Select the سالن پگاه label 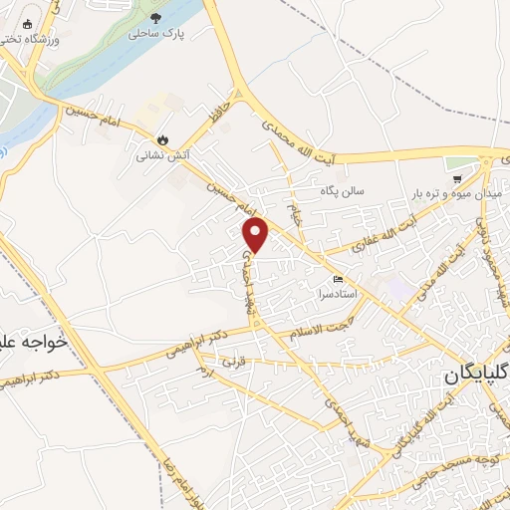click(343, 189)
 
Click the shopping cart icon click(457, 179)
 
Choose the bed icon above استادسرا click(340, 278)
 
